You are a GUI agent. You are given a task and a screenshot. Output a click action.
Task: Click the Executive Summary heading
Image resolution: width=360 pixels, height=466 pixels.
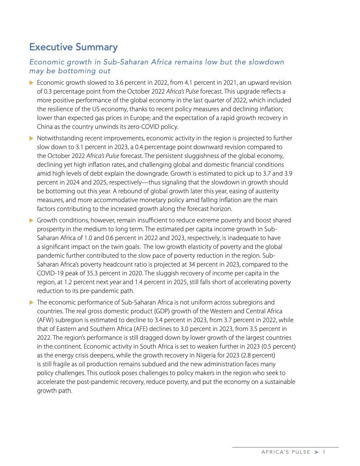pyautogui.click(x=73, y=47)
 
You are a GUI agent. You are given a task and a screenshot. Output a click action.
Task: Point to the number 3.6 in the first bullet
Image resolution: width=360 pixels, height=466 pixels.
pyautogui.click(x=118, y=83)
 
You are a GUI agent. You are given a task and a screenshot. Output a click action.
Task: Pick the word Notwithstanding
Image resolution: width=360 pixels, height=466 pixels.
pyautogui.click(x=59, y=139)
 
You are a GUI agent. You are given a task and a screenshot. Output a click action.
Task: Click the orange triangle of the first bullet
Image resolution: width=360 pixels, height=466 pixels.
pyautogui.click(x=31, y=83)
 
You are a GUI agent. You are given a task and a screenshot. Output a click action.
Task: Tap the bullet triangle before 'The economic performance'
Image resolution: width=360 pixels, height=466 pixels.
pyautogui.click(x=31, y=302)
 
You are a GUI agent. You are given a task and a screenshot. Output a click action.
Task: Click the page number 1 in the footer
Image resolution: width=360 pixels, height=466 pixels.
pyautogui.click(x=324, y=452)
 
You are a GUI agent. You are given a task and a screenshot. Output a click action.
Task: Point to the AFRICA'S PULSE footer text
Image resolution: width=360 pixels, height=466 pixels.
pyautogui.click(x=285, y=452)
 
